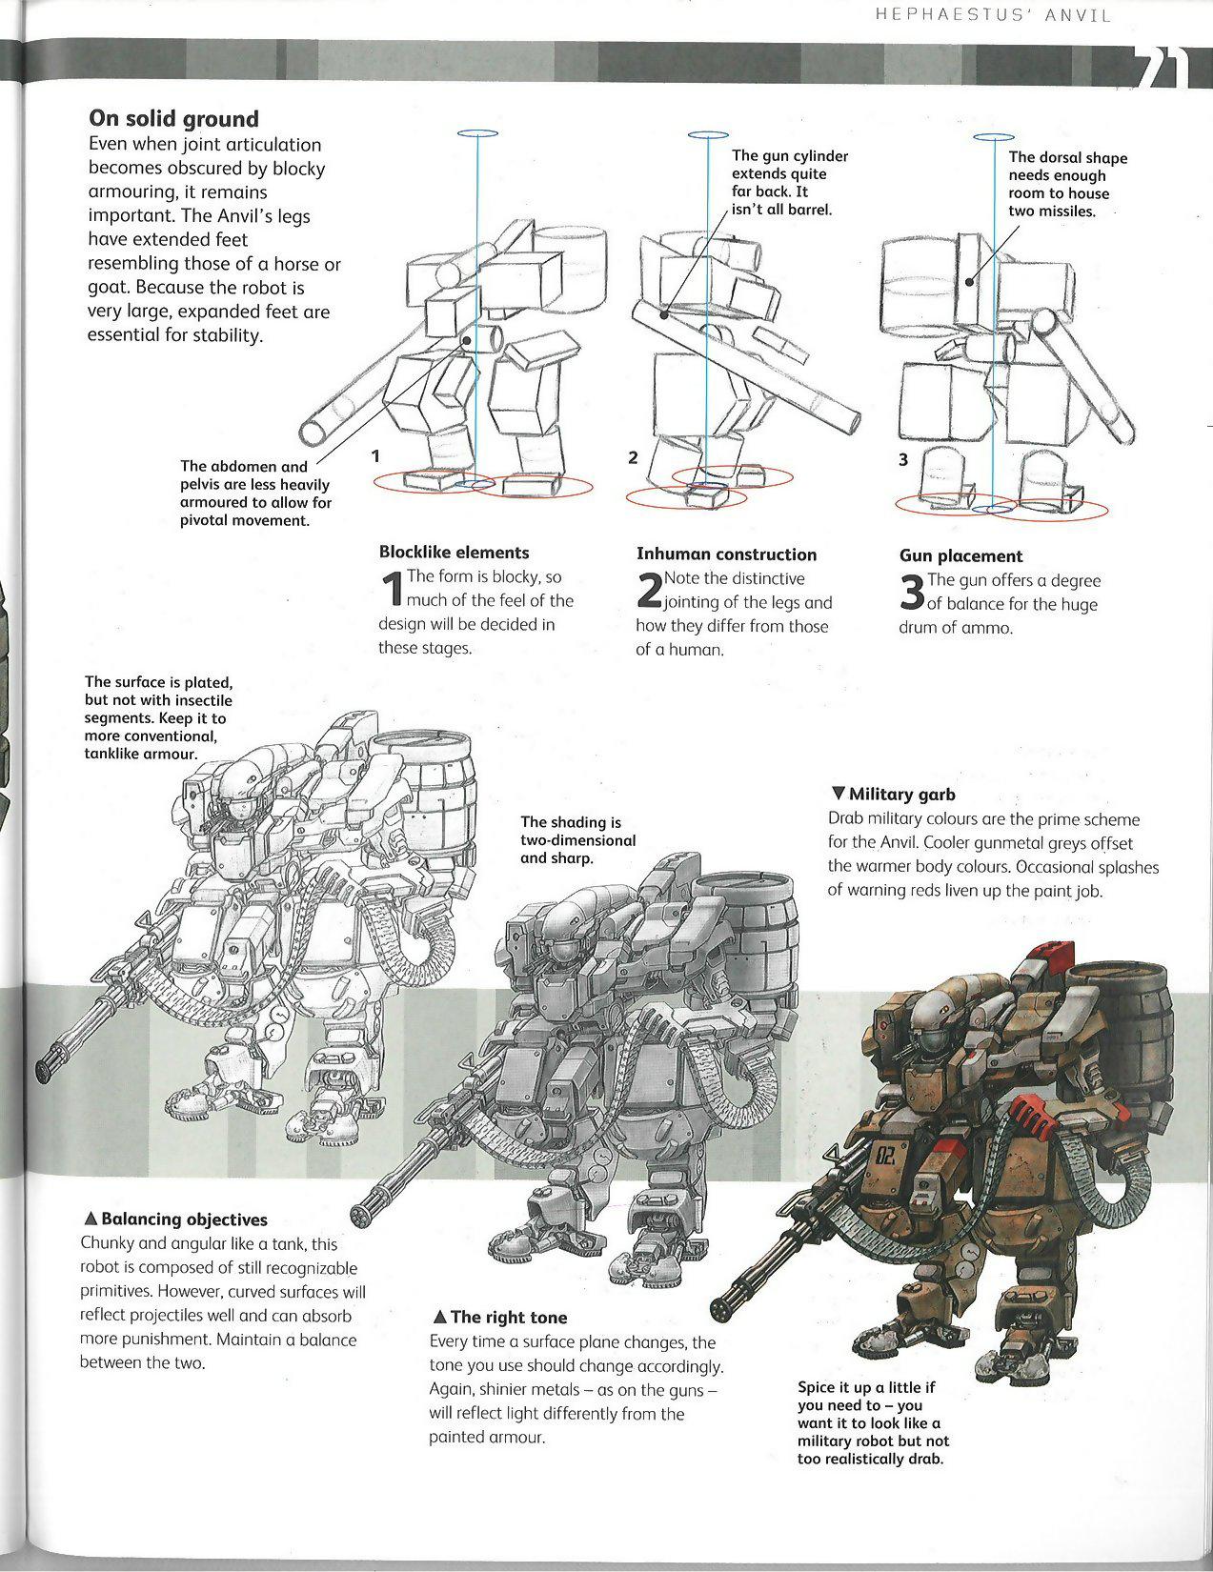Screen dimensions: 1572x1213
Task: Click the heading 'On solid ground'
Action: click(172, 119)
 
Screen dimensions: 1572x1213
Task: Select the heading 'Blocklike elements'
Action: click(454, 553)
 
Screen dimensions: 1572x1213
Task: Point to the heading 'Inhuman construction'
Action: click(726, 554)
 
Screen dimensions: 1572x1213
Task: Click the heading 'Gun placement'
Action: click(960, 556)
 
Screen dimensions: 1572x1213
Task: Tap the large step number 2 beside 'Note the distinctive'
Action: click(649, 592)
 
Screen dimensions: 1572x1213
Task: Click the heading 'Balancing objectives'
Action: click(175, 1219)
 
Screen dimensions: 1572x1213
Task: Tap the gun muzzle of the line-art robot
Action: click(49, 1066)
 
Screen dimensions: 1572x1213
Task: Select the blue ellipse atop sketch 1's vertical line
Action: click(484, 134)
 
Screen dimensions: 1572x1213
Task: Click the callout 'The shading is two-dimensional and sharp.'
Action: click(577, 839)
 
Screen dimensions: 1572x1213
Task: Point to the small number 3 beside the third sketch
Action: click(902, 460)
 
